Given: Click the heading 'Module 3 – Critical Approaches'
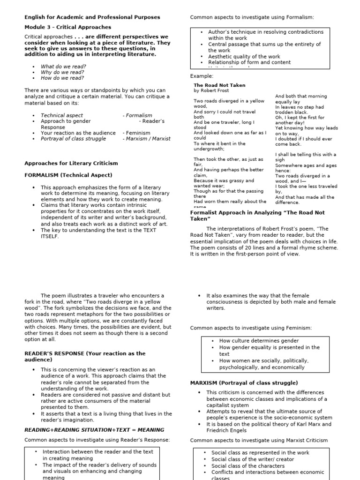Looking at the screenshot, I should tap(67, 27).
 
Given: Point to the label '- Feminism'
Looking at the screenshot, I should tap(137, 133).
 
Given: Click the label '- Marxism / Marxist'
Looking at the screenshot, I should tap(146, 139).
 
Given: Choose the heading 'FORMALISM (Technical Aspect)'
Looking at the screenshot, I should tap(68, 175).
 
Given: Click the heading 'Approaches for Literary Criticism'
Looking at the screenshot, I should tap(71, 163).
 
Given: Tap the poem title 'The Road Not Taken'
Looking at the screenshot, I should tap(219, 85).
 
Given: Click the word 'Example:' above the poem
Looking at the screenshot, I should tap(202, 76).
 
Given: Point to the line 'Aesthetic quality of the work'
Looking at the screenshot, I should tap(244, 57).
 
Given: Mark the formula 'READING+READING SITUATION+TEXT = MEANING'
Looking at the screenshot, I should tap(94, 429).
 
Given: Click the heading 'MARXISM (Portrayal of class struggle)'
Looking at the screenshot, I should tap(244, 383).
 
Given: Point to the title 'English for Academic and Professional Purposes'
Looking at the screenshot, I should tap(92, 17).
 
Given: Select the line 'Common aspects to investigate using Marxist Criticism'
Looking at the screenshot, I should tap(259, 440).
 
